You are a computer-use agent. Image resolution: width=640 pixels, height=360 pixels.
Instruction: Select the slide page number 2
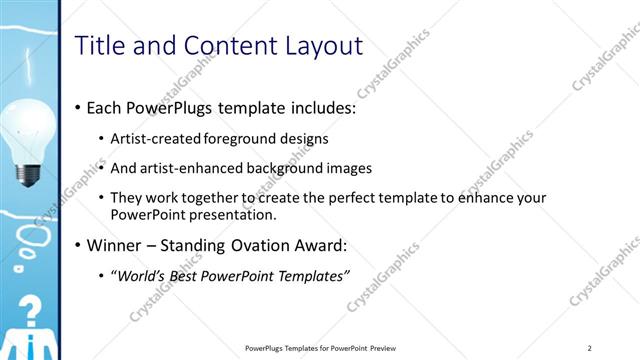tap(590, 348)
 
